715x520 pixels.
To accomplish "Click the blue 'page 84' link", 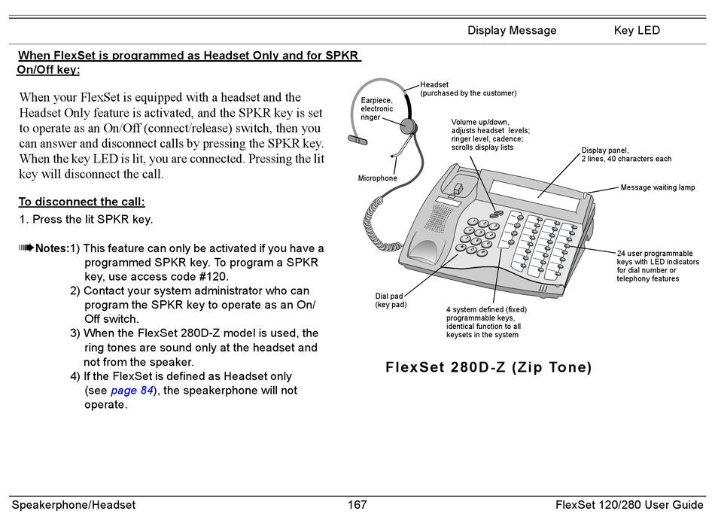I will point(132,391).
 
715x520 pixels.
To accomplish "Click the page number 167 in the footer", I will point(357,505).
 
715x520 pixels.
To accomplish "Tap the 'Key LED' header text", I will point(637,31).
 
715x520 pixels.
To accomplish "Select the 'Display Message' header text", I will point(512,31).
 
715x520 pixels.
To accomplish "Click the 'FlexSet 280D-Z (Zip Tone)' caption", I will point(488,368).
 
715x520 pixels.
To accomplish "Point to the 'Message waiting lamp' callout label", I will point(657,187).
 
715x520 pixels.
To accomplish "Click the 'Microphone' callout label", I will point(377,178).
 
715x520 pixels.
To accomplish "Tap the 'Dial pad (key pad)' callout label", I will point(391,300).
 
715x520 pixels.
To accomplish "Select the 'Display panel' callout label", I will point(626,154).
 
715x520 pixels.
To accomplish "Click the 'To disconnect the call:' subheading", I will point(81,202).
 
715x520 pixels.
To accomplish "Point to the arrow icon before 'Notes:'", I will point(26,248).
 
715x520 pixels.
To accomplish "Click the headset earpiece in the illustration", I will point(409,126).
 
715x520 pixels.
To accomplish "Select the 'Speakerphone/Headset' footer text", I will point(73,505).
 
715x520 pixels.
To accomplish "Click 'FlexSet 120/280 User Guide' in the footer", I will point(629,505).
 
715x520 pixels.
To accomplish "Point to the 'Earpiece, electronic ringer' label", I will point(377,108).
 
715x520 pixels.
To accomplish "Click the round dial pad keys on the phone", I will point(476,234).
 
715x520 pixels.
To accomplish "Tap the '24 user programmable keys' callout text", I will point(657,266).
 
